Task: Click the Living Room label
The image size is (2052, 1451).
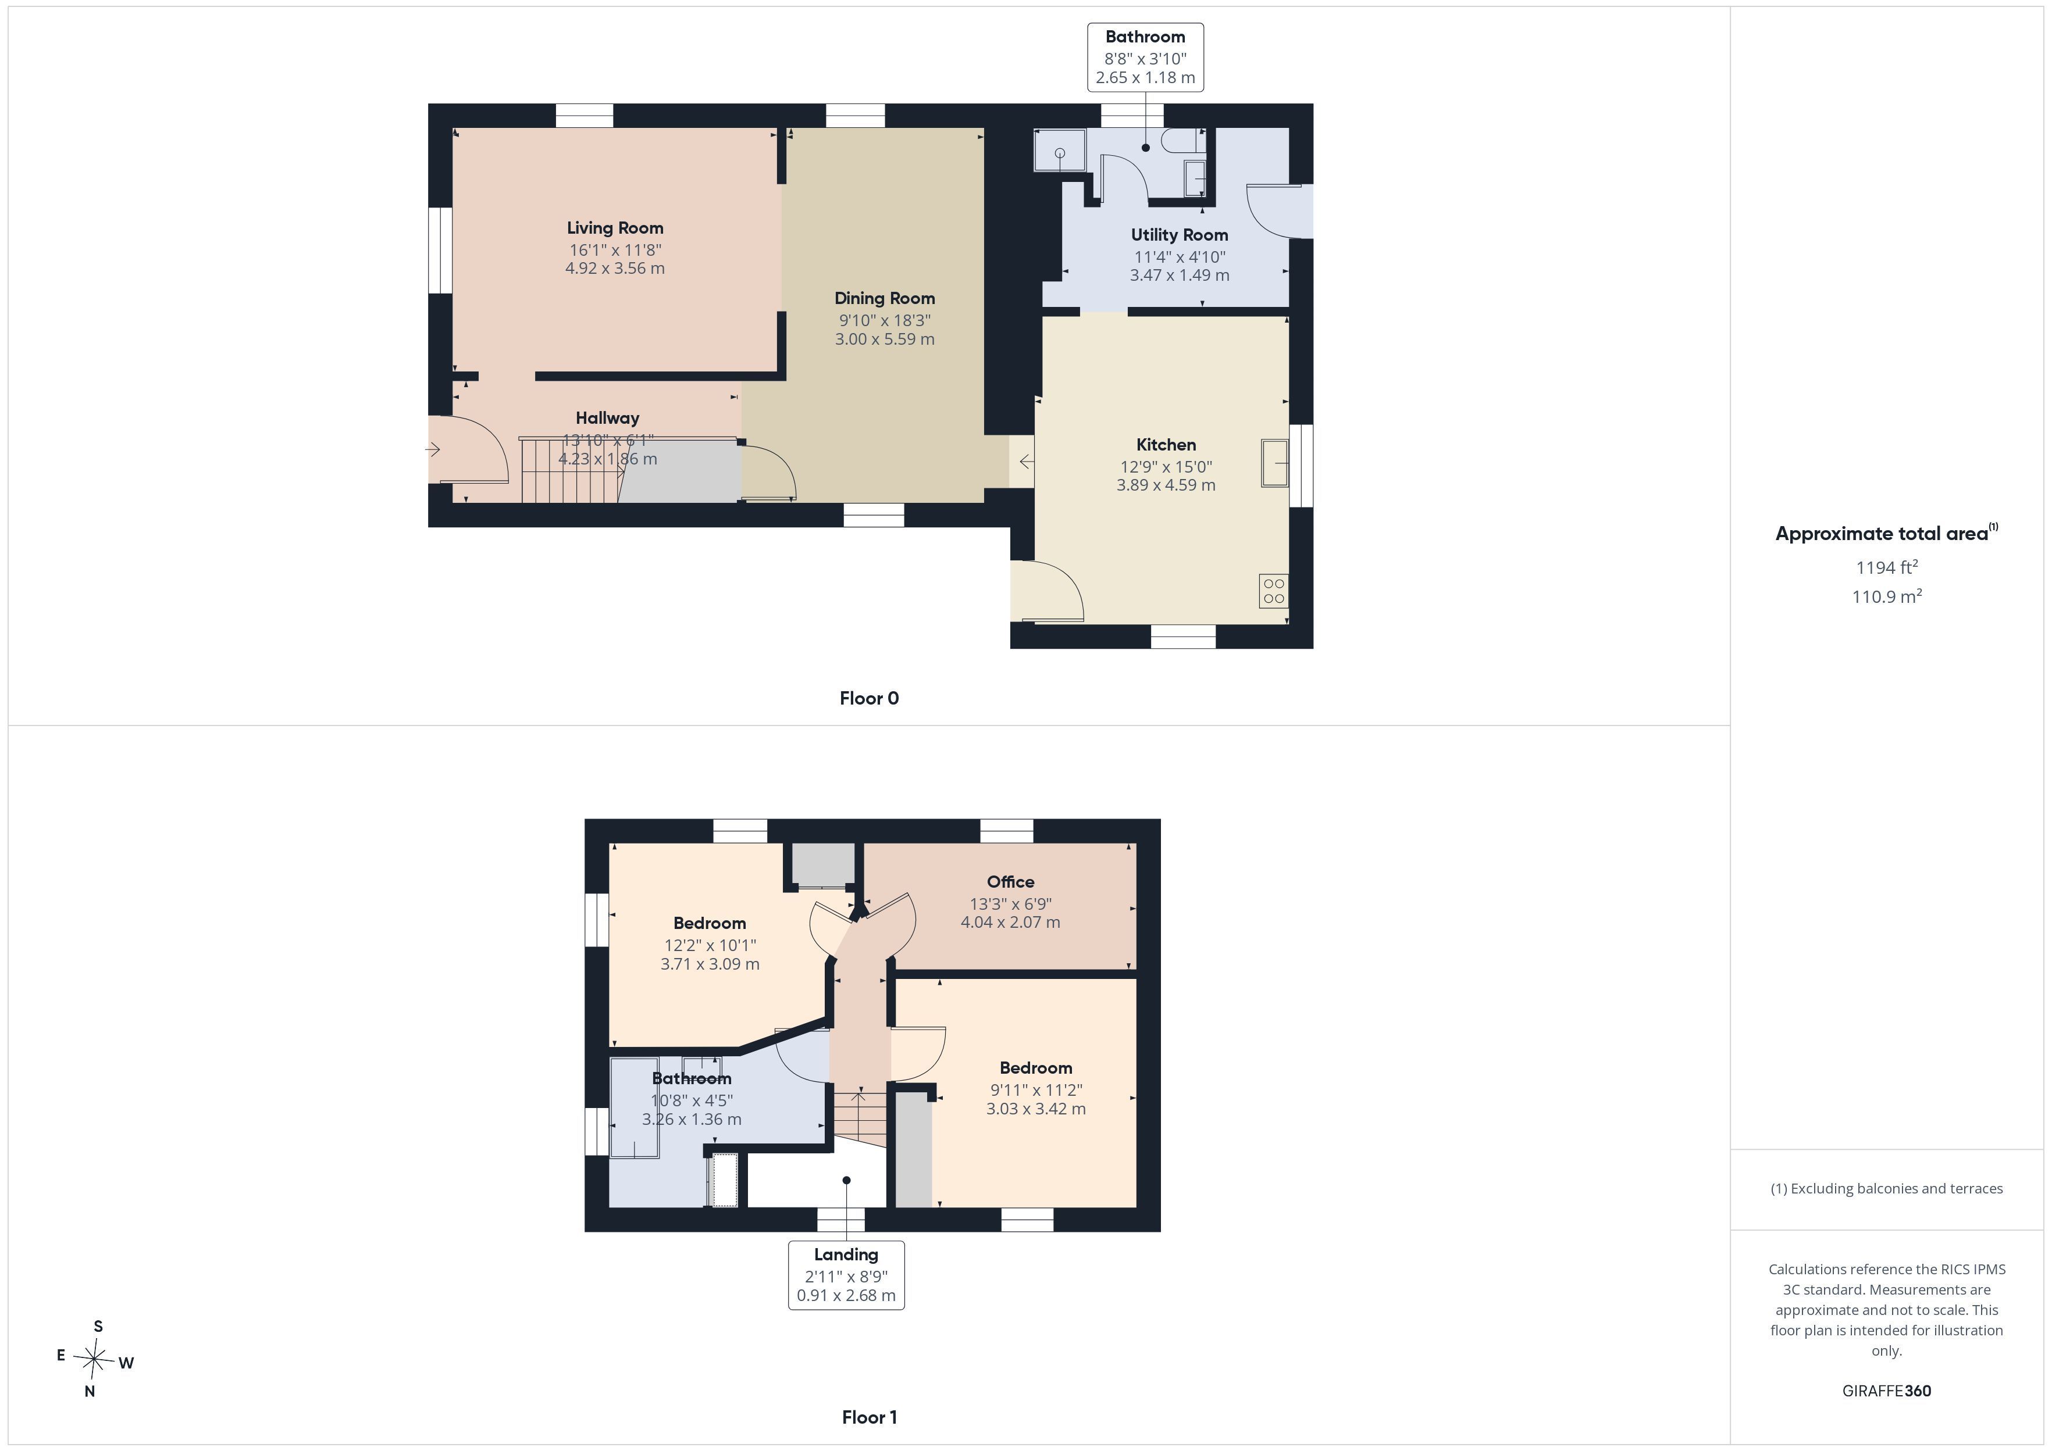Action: [x=615, y=228]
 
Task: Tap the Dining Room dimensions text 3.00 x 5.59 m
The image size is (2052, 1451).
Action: [x=885, y=339]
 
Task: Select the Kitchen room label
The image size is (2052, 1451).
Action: [x=1166, y=445]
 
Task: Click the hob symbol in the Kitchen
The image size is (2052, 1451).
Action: [x=1274, y=591]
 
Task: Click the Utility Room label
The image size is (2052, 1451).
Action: [x=1179, y=235]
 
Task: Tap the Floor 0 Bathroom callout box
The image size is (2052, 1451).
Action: [x=1145, y=57]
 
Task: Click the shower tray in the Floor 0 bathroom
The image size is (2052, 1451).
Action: [x=1060, y=149]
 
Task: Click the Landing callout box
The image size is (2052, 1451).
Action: [x=846, y=1275]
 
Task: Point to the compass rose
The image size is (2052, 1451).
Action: [x=94, y=1360]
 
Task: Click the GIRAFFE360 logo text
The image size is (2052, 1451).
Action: [x=1887, y=1390]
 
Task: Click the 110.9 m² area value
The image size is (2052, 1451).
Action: [x=1887, y=596]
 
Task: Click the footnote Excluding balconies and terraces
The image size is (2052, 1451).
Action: [x=1887, y=1188]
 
